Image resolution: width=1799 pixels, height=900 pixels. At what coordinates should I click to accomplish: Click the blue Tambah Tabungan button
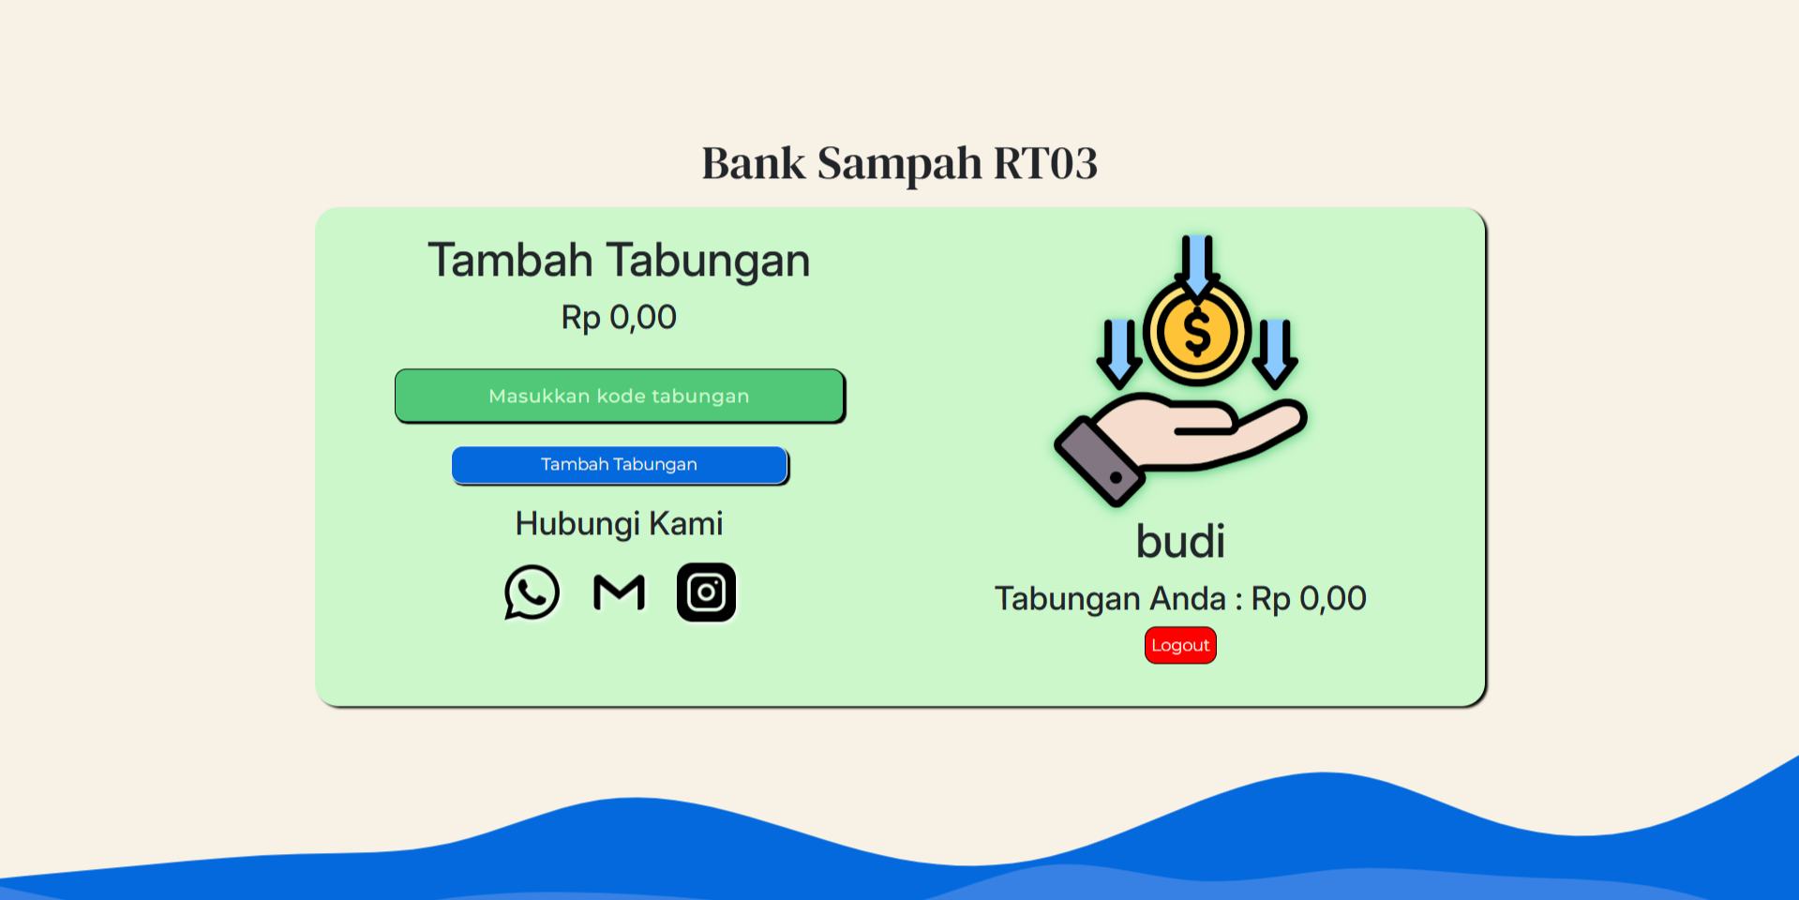pyautogui.click(x=620, y=465)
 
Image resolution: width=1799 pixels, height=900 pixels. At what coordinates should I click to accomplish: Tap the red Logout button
pyautogui.click(x=1180, y=645)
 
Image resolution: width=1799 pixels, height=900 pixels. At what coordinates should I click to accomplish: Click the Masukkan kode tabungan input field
pyautogui.click(x=620, y=396)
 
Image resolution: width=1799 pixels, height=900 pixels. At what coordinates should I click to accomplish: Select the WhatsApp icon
pyautogui.click(x=532, y=592)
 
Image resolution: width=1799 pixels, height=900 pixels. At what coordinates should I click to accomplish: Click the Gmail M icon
pyautogui.click(x=620, y=592)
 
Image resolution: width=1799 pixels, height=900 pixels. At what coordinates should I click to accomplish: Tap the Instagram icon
pyautogui.click(x=706, y=592)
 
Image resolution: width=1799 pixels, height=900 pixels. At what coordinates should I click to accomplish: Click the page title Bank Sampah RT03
pyautogui.click(x=899, y=163)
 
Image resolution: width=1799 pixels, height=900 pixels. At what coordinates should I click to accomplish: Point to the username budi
pyautogui.click(x=1180, y=541)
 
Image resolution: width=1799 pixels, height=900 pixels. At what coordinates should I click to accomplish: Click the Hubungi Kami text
pyautogui.click(x=619, y=524)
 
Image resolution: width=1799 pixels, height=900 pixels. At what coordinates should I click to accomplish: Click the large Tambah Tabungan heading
pyautogui.click(x=619, y=261)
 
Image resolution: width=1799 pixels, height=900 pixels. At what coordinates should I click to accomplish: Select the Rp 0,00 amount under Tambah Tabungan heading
pyautogui.click(x=619, y=318)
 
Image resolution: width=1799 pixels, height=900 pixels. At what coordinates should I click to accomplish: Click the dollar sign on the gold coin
pyautogui.click(x=1197, y=333)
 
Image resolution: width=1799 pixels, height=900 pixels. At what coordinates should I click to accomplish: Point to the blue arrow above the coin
pyautogui.click(x=1197, y=266)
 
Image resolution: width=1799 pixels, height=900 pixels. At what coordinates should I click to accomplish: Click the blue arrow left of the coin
pyautogui.click(x=1119, y=352)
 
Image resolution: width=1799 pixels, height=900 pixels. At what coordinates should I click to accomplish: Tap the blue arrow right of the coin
pyautogui.click(x=1275, y=352)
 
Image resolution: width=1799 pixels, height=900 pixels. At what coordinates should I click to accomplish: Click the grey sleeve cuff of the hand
pyautogui.click(x=1100, y=461)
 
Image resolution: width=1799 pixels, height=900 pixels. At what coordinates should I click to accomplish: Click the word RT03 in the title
pyautogui.click(x=1045, y=163)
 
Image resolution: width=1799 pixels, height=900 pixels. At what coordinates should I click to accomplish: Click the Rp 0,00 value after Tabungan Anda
pyautogui.click(x=1309, y=599)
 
